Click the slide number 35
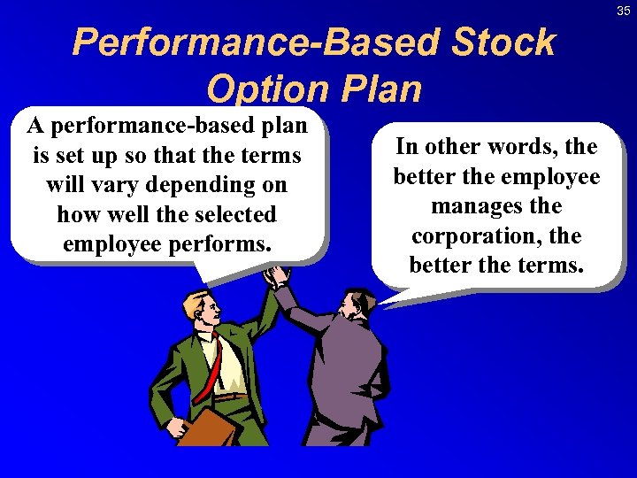pos(624,11)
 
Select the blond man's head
pos(202,312)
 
